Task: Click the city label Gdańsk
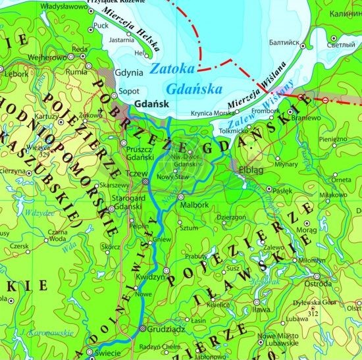(151, 104)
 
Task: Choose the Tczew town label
(135, 173)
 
